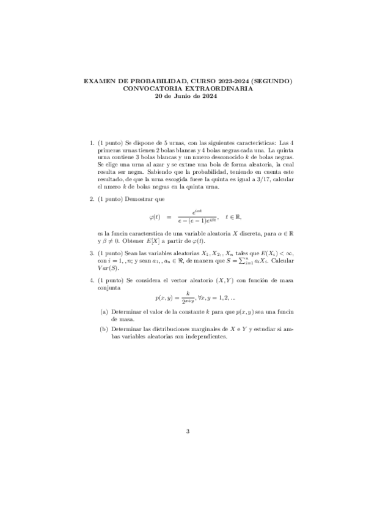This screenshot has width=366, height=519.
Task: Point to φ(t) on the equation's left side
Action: (154, 216)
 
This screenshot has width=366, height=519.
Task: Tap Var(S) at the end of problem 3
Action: (109, 267)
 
